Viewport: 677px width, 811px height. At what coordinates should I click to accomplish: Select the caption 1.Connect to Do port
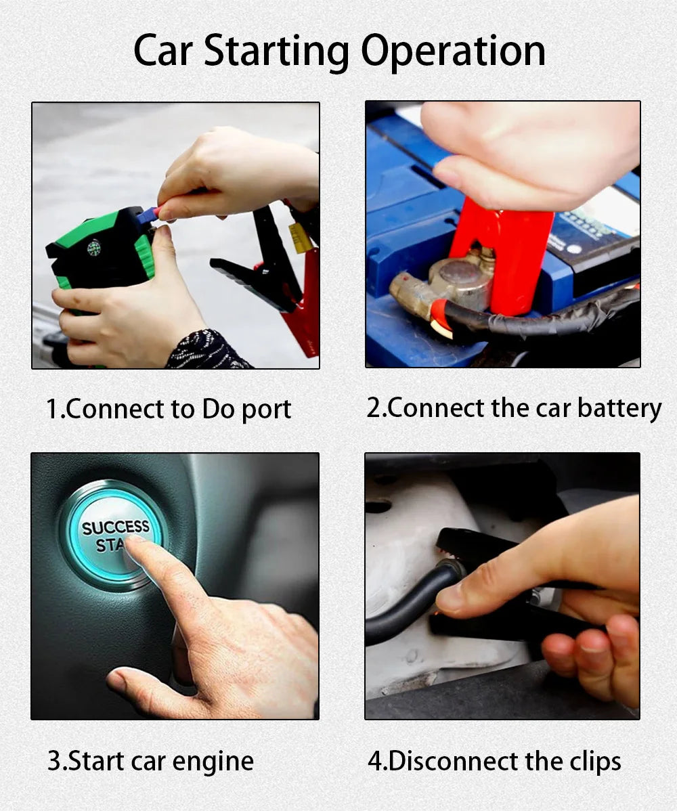point(169,410)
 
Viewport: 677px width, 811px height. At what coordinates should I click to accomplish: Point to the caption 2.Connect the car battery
point(514,408)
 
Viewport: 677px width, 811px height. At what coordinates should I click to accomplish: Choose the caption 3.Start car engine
point(150,761)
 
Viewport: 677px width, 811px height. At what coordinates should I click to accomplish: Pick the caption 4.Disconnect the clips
point(494,761)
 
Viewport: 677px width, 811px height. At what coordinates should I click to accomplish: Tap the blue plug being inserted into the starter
point(148,215)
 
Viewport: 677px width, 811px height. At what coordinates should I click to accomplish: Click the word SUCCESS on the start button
point(116,527)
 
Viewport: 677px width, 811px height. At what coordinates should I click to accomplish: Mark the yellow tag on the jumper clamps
point(301,238)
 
